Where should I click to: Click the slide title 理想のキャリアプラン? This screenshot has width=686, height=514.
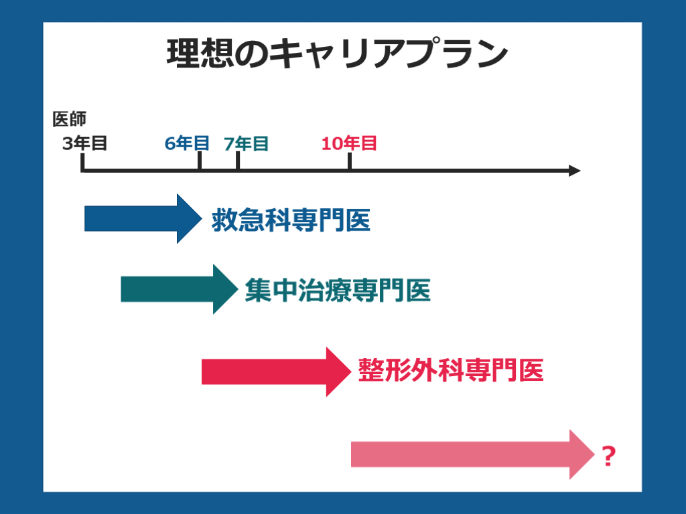pyautogui.click(x=336, y=54)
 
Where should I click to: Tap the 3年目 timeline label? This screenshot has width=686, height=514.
pyautogui.click(x=84, y=143)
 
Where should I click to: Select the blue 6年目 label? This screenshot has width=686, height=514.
pyautogui.click(x=187, y=143)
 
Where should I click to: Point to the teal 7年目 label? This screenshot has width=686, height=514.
pyautogui.click(x=246, y=144)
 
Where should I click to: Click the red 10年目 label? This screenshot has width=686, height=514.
pyautogui.click(x=349, y=143)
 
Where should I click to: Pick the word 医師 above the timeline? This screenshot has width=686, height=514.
pyautogui.click(x=70, y=119)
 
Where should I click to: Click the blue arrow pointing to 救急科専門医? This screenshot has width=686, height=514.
pyautogui.click(x=141, y=218)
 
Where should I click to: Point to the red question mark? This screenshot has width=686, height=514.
pyautogui.click(x=608, y=456)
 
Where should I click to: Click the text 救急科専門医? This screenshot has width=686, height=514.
pyautogui.click(x=291, y=220)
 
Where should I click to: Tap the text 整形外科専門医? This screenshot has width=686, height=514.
pyautogui.click(x=450, y=370)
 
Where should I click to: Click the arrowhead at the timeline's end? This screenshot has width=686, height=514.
pyautogui.click(x=574, y=171)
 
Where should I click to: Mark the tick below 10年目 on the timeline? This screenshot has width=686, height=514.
pyautogui.click(x=350, y=161)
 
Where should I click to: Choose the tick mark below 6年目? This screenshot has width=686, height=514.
pyautogui.click(x=200, y=161)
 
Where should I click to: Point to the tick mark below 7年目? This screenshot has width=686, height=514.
pyautogui.click(x=238, y=161)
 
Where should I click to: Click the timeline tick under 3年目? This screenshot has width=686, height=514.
pyautogui.click(x=82, y=162)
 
